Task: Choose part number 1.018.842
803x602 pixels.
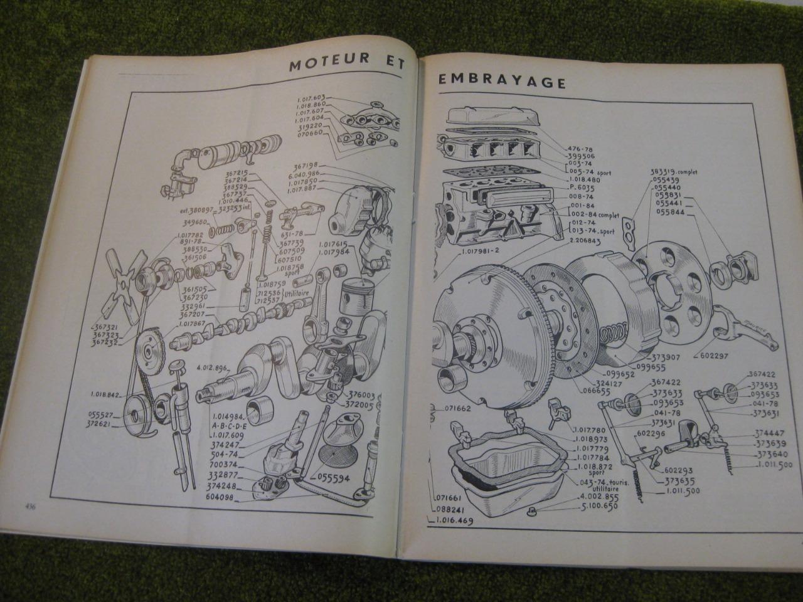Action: pos(106,394)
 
